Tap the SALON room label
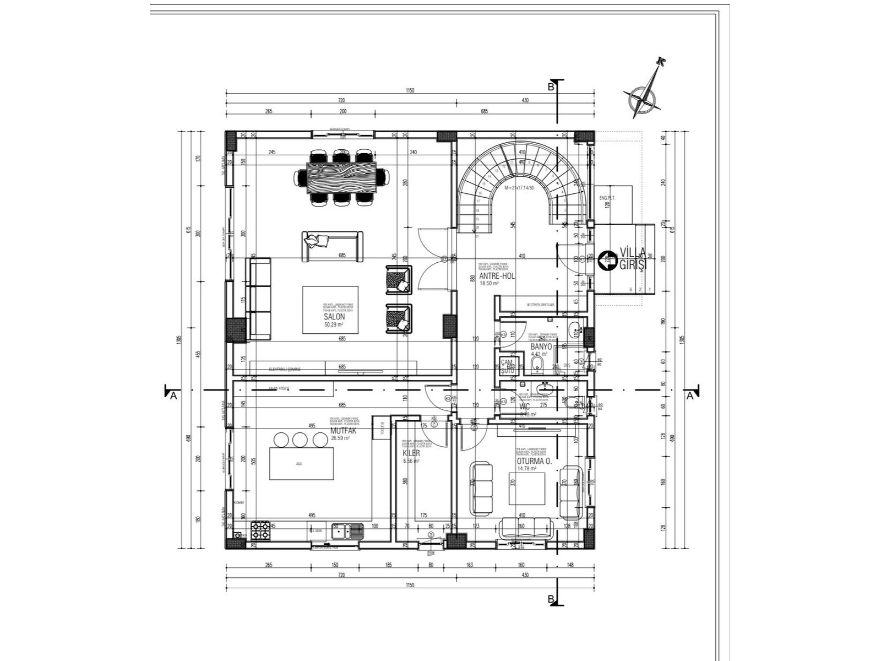(x=334, y=317)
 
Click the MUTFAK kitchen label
(x=343, y=431)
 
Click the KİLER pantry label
(x=411, y=453)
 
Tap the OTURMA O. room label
(x=534, y=461)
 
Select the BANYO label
(x=541, y=347)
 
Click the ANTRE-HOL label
(x=497, y=276)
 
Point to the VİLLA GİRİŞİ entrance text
(x=632, y=258)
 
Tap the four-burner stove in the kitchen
(x=261, y=530)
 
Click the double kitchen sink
(x=348, y=530)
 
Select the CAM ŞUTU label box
(x=507, y=366)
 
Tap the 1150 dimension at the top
(x=409, y=90)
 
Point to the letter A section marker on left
(x=173, y=395)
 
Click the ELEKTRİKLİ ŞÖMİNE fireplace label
(x=284, y=369)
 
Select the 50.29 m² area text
(x=334, y=324)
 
